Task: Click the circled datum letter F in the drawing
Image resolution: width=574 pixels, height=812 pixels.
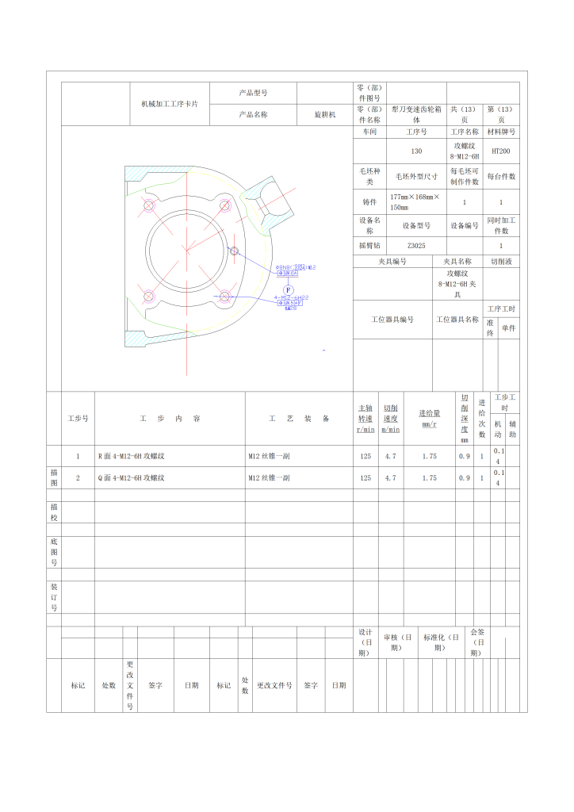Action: click(x=289, y=289)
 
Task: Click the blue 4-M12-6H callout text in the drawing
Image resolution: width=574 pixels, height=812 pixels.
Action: click(x=291, y=297)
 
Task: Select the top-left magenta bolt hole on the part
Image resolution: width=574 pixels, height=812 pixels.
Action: click(x=148, y=206)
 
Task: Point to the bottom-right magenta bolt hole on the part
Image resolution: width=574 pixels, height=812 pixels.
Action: click(x=225, y=297)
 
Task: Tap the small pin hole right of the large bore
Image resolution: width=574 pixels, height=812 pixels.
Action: click(x=234, y=251)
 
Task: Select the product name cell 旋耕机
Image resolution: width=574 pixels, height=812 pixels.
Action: click(x=324, y=114)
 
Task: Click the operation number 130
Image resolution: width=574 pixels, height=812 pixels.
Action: click(x=416, y=151)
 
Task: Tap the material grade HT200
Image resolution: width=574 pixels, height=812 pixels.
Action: click(x=501, y=151)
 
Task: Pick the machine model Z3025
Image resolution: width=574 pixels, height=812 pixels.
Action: click(x=416, y=246)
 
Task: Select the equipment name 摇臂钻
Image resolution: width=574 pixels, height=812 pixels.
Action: click(x=369, y=246)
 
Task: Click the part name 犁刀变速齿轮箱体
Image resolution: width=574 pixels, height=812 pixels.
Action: click(x=416, y=114)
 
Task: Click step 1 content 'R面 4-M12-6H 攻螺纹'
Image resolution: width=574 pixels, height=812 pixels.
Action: click(x=131, y=456)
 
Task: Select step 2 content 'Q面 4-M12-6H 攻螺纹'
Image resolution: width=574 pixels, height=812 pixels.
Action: click(x=131, y=478)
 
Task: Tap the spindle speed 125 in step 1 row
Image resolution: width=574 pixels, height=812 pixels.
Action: click(x=365, y=456)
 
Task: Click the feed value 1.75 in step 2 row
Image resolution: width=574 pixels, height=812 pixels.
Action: click(x=429, y=478)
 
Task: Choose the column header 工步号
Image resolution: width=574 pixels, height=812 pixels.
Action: click(x=78, y=418)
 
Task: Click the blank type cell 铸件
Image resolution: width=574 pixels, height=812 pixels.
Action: click(x=369, y=201)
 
